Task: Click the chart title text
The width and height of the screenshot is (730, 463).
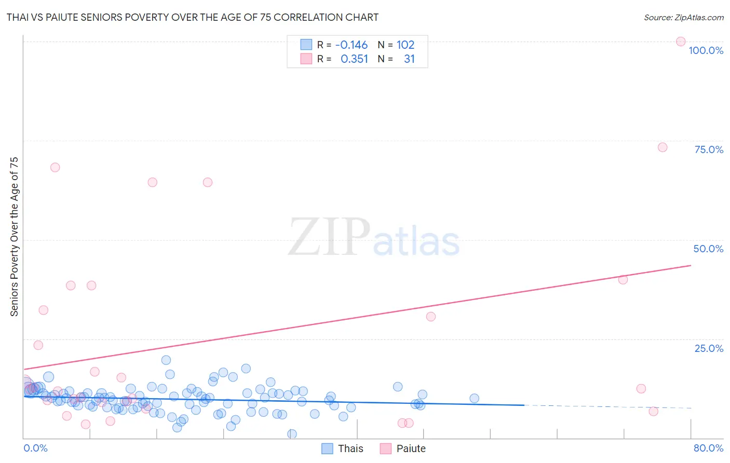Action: pos(192,17)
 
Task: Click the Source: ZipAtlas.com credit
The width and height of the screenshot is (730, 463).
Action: pos(683,17)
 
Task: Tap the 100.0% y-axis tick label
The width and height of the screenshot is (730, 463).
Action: pos(706,50)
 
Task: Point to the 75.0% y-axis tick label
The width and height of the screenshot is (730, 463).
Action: pos(709,149)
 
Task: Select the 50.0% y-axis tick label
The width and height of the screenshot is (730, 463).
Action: pos(708,249)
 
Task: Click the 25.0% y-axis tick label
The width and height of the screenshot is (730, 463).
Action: pos(709,348)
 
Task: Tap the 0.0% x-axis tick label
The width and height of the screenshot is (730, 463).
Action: pos(35,448)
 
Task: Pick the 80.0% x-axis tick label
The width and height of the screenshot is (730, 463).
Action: pos(708,448)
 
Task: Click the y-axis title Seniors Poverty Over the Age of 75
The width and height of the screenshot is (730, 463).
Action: pos(14,237)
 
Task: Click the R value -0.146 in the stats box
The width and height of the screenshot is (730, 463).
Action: pos(352,45)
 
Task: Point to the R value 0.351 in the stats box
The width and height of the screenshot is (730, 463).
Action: pos(354,59)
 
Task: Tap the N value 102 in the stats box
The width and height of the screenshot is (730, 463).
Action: pos(405,45)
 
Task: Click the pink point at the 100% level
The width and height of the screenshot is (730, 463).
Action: pos(681,42)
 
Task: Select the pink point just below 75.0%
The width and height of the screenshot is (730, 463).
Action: pos(663,147)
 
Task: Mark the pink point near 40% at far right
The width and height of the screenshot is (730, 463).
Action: pos(623,279)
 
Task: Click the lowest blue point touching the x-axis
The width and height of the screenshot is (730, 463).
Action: pos(292,434)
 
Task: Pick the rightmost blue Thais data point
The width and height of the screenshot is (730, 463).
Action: pos(474,398)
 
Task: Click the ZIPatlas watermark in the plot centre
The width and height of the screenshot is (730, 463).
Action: pos(374,238)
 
